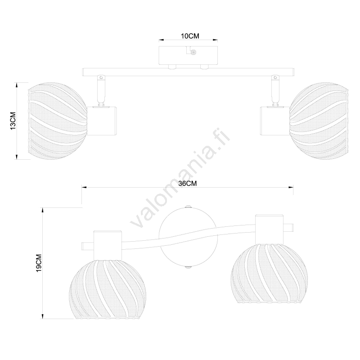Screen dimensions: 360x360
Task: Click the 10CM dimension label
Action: click(190, 36)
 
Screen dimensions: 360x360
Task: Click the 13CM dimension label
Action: click(13, 121)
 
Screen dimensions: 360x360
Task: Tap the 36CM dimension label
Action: click(188, 184)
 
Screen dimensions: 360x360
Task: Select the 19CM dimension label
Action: click(39, 263)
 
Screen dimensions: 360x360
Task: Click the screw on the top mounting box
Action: click(193, 53)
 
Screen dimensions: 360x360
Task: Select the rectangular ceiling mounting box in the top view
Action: click(188, 55)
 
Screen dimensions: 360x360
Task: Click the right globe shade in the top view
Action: click(319, 121)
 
